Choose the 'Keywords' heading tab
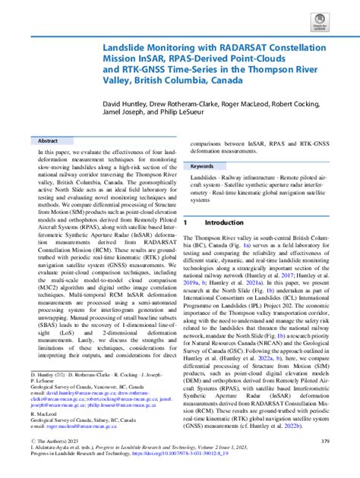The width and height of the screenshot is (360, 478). (x=204, y=166)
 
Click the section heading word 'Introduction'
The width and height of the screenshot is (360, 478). (x=226, y=223)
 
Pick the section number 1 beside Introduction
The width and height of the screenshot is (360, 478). (x=185, y=223)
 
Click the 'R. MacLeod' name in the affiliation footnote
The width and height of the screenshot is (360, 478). (x=45, y=415)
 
